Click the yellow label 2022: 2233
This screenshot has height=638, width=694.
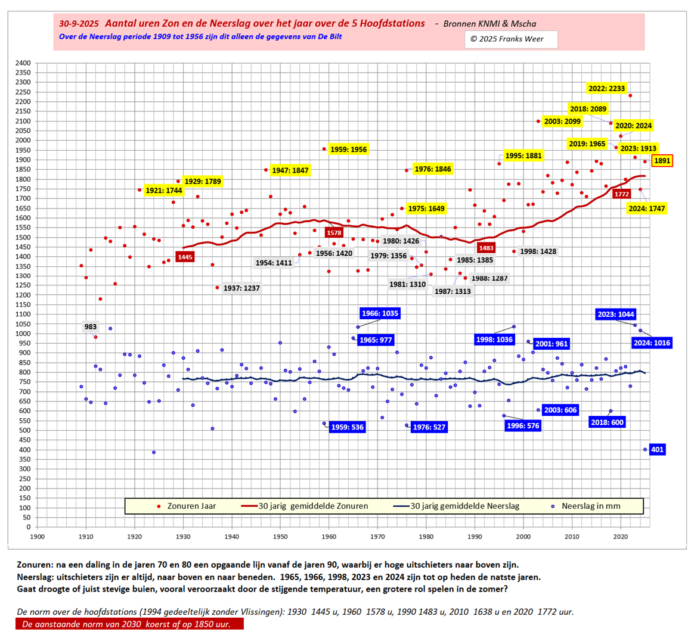[x=606, y=88]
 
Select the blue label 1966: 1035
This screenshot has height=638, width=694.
[x=380, y=313]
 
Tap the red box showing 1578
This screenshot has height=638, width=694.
[x=334, y=232]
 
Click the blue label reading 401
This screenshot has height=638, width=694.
[x=657, y=450]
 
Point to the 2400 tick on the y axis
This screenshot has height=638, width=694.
[x=23, y=63]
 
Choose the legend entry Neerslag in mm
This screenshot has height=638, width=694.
[x=590, y=506]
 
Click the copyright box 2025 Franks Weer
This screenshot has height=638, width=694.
[x=511, y=39]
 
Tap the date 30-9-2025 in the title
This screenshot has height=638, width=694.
[x=79, y=24]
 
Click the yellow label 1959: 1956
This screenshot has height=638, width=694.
[x=349, y=150]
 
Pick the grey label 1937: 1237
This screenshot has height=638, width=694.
[x=241, y=288]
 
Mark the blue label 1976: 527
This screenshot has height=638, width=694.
[x=429, y=427]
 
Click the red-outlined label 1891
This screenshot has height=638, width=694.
[x=662, y=160]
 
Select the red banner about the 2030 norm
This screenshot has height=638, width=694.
[x=129, y=624]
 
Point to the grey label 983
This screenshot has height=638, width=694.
[x=91, y=327]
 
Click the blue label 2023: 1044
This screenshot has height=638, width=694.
[x=616, y=314]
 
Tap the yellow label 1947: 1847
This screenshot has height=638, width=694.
[x=290, y=171]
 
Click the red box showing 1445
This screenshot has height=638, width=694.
[x=185, y=257]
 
